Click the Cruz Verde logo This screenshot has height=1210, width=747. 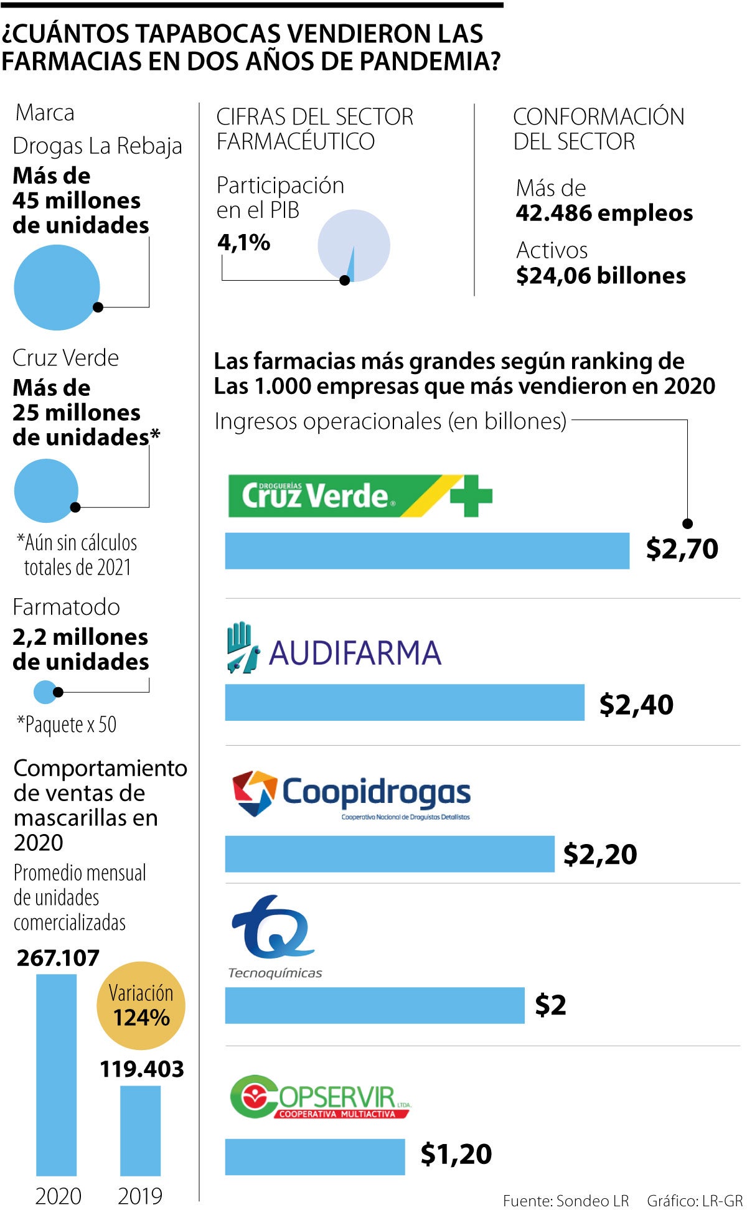pyautogui.click(x=360, y=495)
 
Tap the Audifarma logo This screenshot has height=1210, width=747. pyautogui.click(x=334, y=649)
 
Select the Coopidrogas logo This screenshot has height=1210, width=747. pyautogui.click(x=351, y=794)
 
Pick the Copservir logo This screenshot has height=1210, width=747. pyautogui.click(x=320, y=1097)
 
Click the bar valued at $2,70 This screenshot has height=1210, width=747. pyautogui.click(x=427, y=551)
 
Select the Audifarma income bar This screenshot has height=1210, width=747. pyautogui.click(x=405, y=703)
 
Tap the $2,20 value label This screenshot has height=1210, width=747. pyautogui.click(x=600, y=854)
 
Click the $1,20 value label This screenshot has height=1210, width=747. pyautogui.click(x=456, y=1154)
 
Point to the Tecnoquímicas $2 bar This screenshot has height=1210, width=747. pyautogui.click(x=375, y=1005)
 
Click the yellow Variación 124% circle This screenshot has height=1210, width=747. pyautogui.click(x=141, y=1006)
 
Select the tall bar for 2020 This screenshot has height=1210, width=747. pyautogui.click(x=57, y=1075)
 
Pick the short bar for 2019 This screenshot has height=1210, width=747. pyautogui.click(x=140, y=1130)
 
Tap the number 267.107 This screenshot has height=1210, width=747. pyautogui.click(x=58, y=958)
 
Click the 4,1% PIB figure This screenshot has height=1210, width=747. pyautogui.click(x=243, y=242)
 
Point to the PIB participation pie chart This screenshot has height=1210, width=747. pyautogui.click(x=354, y=246)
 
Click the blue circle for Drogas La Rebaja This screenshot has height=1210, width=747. pyautogui.click(x=57, y=287)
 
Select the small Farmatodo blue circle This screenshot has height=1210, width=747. pyautogui.click(x=45, y=692)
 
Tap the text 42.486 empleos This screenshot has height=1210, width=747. pyautogui.click(x=604, y=213)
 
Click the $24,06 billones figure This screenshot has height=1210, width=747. pyautogui.click(x=601, y=276)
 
